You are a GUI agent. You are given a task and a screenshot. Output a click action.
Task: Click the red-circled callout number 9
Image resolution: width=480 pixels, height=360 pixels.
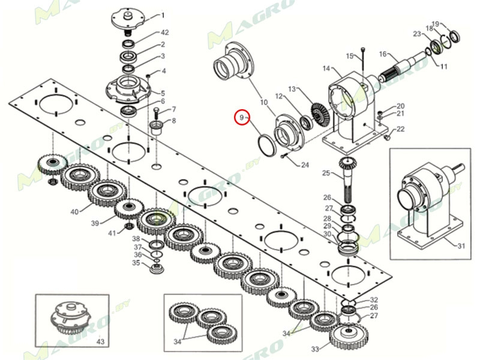coord(242,118)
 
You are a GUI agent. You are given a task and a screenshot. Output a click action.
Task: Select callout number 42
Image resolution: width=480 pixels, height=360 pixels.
coord(164,32)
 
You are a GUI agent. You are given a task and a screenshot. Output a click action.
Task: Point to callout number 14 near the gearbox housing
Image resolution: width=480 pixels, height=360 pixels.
coord(326,68)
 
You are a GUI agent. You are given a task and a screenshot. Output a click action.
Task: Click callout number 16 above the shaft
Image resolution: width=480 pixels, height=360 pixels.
coord(383,55)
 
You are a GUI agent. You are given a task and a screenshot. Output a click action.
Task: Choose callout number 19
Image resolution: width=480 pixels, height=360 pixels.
coord(436,23)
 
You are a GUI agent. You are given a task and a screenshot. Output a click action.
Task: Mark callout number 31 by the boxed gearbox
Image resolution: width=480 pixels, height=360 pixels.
coord(461,245)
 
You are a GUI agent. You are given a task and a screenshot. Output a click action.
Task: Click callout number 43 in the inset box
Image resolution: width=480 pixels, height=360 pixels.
coord(100,341)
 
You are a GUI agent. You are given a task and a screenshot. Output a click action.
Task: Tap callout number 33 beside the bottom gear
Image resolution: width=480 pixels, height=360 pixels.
coord(315,349)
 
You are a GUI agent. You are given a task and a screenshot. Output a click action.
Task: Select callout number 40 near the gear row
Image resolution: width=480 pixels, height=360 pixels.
coord(74,212)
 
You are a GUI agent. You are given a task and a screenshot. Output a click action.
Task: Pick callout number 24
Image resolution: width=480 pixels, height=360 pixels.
coord(305,165)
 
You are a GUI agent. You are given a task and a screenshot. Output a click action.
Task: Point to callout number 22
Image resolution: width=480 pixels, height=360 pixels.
coord(400,129)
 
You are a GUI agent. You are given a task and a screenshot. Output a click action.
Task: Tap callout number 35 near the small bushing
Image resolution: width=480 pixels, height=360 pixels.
coord(136,263)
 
